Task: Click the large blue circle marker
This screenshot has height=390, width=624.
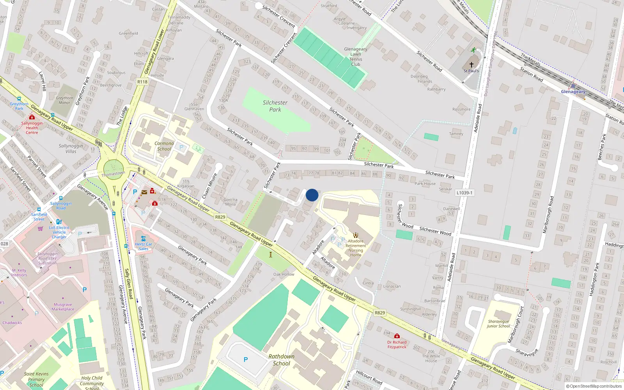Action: point(312,195)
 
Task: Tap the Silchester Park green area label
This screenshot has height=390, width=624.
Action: point(275,106)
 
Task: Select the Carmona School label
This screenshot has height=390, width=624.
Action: point(164,146)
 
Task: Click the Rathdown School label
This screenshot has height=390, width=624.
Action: point(281,360)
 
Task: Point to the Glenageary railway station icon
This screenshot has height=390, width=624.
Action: point(573,85)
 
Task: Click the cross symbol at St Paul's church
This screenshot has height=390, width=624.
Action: point(471,65)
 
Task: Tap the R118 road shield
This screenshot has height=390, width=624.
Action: point(142,82)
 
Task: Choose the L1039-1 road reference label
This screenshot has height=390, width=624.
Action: point(464,193)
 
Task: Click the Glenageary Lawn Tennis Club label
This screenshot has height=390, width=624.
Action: point(355,57)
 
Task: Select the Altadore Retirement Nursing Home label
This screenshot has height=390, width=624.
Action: point(355,248)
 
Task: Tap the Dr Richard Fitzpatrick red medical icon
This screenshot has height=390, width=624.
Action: point(397,336)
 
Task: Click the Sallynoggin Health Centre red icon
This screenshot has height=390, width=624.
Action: point(32,117)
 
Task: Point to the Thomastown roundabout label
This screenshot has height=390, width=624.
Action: point(113,174)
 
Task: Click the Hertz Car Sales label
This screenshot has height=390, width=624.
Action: point(144,246)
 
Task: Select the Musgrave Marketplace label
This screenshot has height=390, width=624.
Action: point(63,307)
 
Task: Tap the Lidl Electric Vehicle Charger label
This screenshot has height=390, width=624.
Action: point(59,232)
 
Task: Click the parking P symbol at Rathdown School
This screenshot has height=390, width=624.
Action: point(246,360)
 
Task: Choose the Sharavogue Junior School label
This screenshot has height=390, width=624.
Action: point(498,324)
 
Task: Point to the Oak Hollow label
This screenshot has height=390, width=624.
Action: point(284,274)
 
